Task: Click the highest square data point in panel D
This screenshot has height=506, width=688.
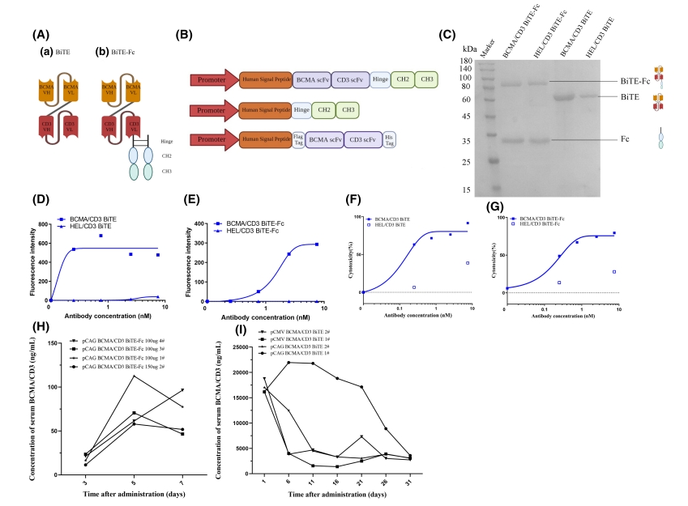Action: coord(101,236)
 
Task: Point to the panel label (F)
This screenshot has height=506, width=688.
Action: coord(353,200)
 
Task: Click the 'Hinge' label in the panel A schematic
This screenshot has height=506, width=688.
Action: coord(167,140)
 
